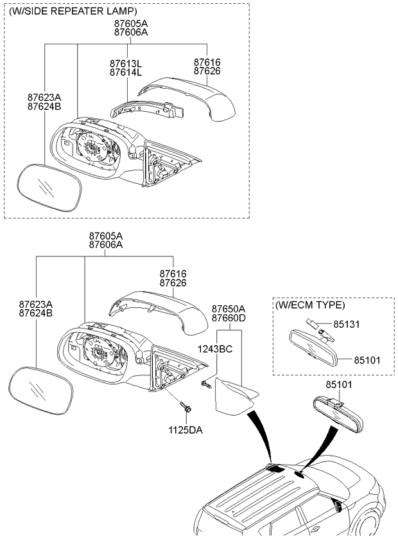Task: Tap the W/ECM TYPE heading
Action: pos(310,305)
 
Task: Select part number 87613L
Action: pos(126,64)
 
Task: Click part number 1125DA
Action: pos(186,430)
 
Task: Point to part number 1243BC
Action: pos(215,348)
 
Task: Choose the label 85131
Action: pos(347,325)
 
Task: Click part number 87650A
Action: pos(229,309)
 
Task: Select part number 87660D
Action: pos(229,317)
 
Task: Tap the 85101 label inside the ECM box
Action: pos(367,360)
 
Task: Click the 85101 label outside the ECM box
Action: pos(338,385)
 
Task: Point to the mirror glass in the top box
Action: pos(49,188)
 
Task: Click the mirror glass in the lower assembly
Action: pos(41,391)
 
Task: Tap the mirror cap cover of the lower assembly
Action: pos(158,312)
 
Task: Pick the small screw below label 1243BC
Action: pos(206,385)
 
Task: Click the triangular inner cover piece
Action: pos(234,397)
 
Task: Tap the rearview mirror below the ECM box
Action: pos(338,415)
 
